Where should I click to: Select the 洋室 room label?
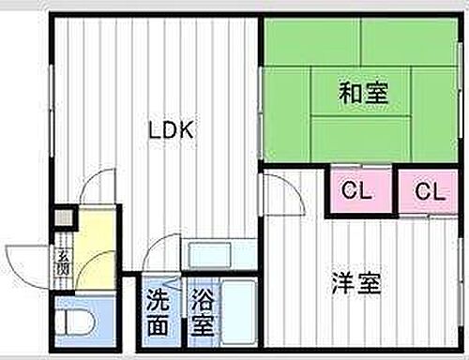point(357,283)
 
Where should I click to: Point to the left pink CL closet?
point(355,191)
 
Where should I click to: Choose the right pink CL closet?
point(429,191)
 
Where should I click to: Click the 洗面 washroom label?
point(159,315)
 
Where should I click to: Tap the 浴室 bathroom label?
point(202,315)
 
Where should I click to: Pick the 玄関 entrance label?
point(62,262)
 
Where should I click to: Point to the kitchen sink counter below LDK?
point(219,254)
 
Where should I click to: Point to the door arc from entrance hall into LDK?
point(97,187)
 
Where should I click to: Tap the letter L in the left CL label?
point(362,191)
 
